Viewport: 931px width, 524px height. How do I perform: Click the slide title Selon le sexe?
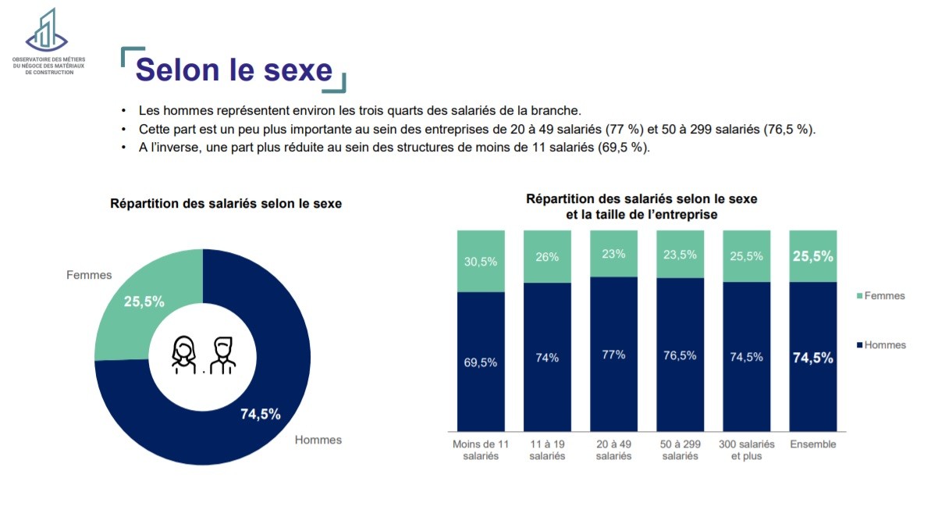(234, 70)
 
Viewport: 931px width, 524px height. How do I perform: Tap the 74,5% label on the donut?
(260, 414)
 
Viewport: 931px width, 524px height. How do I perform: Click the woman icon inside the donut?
(183, 355)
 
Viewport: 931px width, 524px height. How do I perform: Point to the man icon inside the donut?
(222, 355)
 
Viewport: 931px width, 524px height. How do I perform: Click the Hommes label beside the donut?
(318, 440)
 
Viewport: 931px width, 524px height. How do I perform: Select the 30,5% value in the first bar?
(481, 262)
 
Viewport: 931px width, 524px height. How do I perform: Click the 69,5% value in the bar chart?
(481, 362)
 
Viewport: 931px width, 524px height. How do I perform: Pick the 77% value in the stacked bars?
(613, 355)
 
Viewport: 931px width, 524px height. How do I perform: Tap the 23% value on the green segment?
(613, 254)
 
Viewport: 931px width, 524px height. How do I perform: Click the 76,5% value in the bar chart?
(680, 355)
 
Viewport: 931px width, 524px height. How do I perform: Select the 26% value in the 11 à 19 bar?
(547, 257)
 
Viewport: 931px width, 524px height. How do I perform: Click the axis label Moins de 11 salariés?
(481, 450)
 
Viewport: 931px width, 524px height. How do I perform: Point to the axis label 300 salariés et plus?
(746, 450)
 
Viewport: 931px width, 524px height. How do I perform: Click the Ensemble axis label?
(812, 444)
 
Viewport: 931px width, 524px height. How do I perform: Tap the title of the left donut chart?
(226, 203)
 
